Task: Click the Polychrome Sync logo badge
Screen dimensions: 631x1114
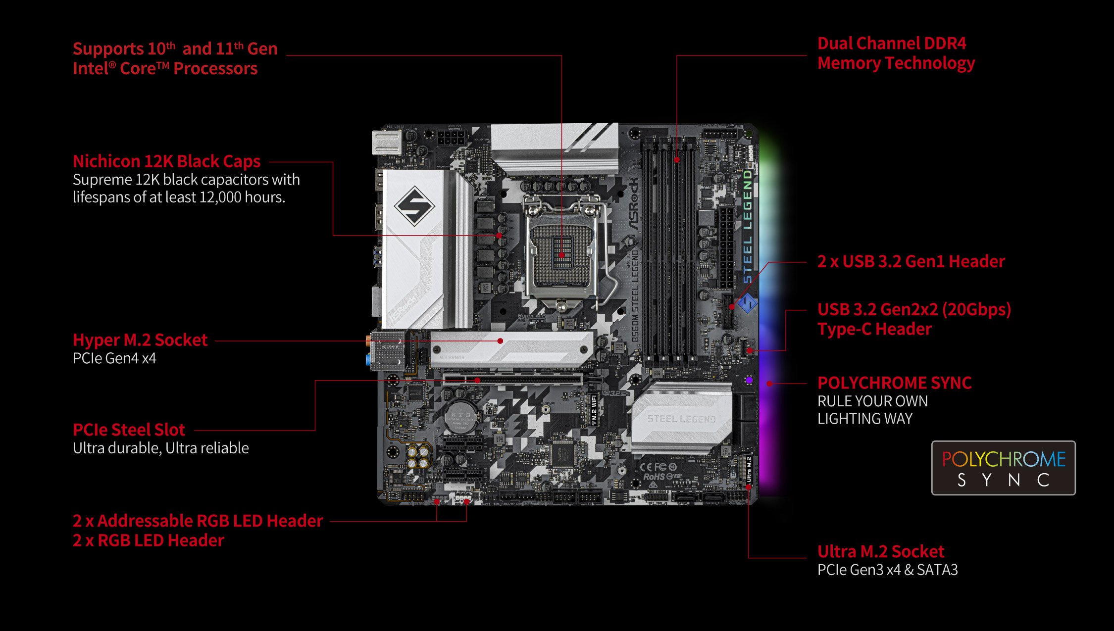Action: coord(1003,468)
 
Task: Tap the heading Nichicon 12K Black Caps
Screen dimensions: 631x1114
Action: coord(166,161)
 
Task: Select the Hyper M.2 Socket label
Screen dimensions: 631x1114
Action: coord(140,340)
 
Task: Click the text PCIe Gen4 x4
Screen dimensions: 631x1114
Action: coord(114,358)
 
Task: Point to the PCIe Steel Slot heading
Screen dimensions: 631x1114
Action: coord(129,430)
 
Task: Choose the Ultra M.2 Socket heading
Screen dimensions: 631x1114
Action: coord(880,551)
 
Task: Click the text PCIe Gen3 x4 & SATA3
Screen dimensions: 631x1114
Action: coord(887,570)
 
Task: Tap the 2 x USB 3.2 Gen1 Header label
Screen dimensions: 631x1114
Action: coord(911,261)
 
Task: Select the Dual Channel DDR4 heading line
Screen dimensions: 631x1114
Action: coord(891,44)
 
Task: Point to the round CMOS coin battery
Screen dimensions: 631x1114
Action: coord(461,416)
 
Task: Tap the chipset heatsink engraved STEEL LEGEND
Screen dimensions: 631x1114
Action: coord(681,418)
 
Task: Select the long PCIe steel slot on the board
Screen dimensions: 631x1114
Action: coord(512,380)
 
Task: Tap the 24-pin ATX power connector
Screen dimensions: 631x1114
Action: coord(726,247)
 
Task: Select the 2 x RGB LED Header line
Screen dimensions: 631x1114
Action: coord(148,540)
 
